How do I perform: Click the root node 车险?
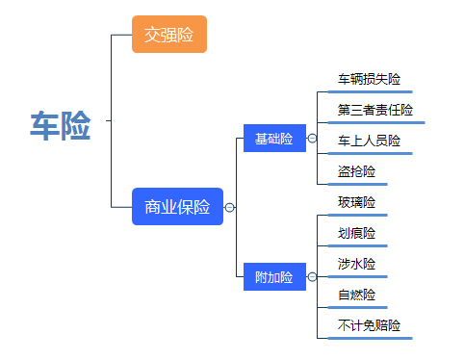click(x=60, y=126)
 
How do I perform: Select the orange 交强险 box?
click(x=168, y=35)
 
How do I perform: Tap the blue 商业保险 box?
click(x=177, y=207)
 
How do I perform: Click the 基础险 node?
click(x=273, y=139)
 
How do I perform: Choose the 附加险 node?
click(x=273, y=277)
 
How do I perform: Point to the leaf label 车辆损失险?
click(x=369, y=78)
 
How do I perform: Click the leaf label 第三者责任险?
click(x=375, y=110)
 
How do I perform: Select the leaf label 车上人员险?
click(x=369, y=141)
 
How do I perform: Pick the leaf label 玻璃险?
click(x=356, y=202)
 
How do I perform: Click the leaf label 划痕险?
click(x=356, y=233)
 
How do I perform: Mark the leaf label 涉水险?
click(x=356, y=264)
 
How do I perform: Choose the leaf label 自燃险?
click(x=356, y=295)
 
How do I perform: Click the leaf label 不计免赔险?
click(x=369, y=325)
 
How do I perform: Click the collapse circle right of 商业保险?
click(x=229, y=207)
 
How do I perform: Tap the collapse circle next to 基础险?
click(x=312, y=139)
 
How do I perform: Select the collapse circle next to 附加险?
click(x=312, y=277)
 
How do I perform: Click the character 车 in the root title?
click(x=44, y=126)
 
